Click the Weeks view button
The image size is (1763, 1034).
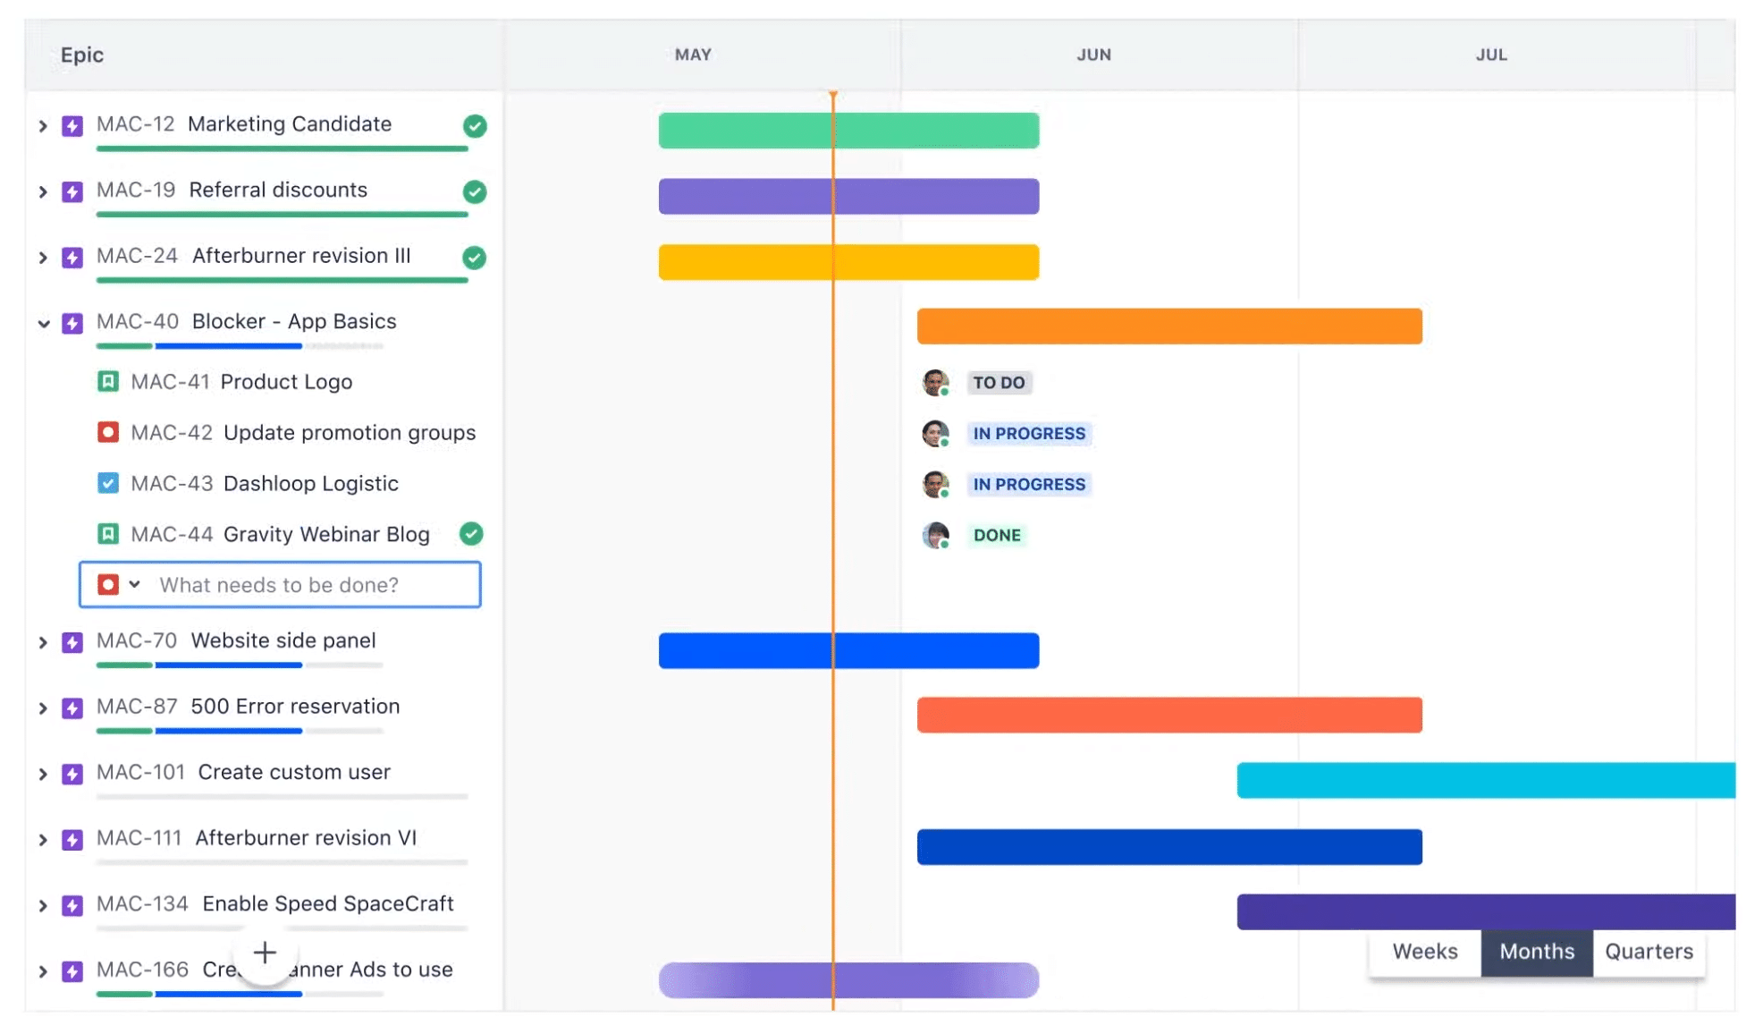[1424, 952]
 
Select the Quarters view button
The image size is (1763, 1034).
[1649, 952]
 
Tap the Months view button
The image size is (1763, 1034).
[1537, 952]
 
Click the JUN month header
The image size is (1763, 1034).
[1093, 55]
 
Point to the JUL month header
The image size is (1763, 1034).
[1491, 55]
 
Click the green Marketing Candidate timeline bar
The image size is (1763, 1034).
[848, 131]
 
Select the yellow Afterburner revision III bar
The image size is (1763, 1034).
[848, 262]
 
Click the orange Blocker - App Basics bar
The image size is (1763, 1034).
[1169, 326]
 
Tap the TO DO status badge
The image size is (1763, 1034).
[999, 383]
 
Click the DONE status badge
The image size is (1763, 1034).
[997, 535]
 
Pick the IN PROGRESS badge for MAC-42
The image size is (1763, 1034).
[1029, 434]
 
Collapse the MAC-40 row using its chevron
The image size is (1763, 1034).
[43, 323]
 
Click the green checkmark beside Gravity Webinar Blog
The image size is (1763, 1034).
[471, 534]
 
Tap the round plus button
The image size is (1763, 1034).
[265, 953]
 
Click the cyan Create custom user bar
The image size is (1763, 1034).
[1486, 780]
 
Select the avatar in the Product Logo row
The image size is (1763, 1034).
[935, 383]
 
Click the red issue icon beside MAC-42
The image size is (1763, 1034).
[108, 433]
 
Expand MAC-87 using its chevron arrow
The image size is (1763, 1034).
[43, 708]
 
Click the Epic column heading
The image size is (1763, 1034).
[82, 55]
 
